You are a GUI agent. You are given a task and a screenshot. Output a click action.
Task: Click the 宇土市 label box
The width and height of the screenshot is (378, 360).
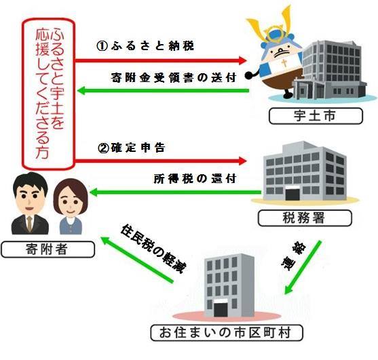316,116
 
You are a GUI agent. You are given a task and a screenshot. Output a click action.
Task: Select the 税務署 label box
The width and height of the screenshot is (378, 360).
305,218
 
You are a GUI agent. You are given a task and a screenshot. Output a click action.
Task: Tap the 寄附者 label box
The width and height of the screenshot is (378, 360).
48,249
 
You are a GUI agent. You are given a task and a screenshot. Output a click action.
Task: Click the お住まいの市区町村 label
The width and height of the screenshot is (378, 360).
227,333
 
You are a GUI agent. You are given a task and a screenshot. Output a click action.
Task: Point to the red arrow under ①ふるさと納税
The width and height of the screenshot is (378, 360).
161,60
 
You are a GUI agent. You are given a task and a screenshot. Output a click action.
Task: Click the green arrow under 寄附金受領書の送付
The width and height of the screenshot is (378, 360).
163,91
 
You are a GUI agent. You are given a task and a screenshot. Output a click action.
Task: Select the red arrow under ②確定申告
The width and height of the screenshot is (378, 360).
161,161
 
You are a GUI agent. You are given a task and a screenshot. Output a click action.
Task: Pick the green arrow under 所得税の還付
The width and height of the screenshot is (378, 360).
175,192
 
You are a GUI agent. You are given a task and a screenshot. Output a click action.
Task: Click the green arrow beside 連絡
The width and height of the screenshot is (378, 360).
303,267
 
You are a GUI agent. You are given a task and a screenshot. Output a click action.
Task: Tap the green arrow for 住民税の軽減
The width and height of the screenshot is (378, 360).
137,260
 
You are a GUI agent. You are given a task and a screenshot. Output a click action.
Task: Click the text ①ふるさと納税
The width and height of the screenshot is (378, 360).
145,45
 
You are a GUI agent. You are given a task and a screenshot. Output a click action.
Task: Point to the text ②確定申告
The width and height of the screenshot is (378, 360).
132,148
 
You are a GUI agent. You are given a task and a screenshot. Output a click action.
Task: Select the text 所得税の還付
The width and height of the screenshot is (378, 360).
195,179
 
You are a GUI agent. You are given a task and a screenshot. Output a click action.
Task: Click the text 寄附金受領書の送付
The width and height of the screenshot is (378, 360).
174,77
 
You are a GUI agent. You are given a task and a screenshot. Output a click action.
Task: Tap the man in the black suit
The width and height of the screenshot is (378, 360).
30,203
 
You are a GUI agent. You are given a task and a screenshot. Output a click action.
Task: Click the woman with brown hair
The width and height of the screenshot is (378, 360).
70,207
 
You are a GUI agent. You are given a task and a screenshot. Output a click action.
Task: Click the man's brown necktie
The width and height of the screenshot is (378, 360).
29,224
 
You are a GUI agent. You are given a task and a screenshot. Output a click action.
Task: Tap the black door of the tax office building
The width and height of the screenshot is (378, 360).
292,195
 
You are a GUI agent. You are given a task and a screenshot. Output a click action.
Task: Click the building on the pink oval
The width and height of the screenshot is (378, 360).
229,285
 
